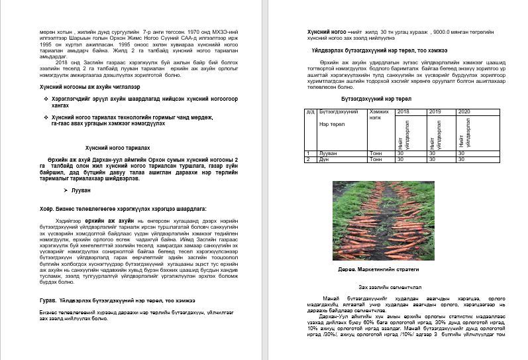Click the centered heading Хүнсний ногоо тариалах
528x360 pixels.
tap(113, 149)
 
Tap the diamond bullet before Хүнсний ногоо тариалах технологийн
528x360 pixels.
tap(44, 116)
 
